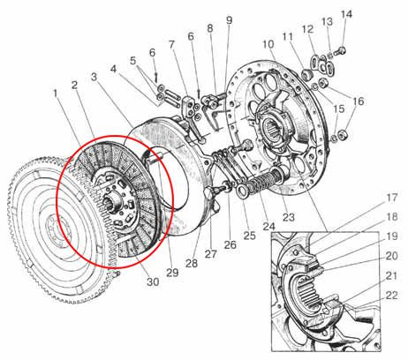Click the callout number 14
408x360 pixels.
[346, 14]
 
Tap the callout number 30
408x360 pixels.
[153, 282]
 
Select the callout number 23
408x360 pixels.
[289, 217]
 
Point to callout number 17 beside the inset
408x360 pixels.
[392, 198]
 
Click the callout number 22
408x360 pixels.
[392, 296]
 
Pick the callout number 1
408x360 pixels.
[55, 94]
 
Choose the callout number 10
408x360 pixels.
[268, 44]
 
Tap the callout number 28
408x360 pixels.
[192, 263]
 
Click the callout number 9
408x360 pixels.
[230, 20]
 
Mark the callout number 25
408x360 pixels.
[249, 236]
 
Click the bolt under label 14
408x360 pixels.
[341, 51]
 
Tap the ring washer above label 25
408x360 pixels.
[243, 191]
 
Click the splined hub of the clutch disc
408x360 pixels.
[114, 201]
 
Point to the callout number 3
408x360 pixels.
[94, 77]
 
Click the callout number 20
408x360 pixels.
[392, 256]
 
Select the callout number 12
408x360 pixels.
[308, 29]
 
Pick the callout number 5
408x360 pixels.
[133, 61]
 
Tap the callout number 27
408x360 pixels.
[211, 254]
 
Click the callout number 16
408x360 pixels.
[359, 101]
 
